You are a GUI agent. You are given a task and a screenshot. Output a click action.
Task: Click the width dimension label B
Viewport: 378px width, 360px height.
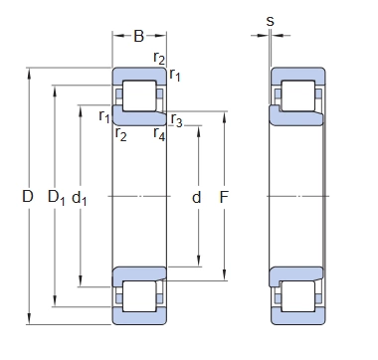pyautogui.click(x=139, y=36)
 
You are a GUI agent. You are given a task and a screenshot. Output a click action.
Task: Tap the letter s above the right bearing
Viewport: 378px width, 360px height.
pyautogui.click(x=271, y=22)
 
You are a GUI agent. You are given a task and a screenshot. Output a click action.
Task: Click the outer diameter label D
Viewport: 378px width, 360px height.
pyautogui.click(x=28, y=196)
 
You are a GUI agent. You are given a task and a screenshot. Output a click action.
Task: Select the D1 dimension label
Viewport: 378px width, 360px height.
pyautogui.click(x=57, y=197)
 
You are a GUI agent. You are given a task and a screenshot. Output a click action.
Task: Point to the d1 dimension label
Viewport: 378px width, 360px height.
pyautogui.click(x=80, y=198)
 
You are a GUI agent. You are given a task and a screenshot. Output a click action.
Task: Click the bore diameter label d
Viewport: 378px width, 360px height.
pyautogui.click(x=197, y=197)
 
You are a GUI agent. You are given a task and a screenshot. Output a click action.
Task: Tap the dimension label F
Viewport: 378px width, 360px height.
pyautogui.click(x=224, y=197)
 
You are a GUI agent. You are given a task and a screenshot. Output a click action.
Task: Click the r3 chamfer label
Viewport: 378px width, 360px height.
pyautogui.click(x=176, y=120)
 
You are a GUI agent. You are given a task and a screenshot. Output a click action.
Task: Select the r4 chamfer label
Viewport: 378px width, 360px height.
pyautogui.click(x=159, y=134)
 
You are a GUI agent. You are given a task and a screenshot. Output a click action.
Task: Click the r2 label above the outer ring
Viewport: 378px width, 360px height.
pyautogui.click(x=159, y=59)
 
